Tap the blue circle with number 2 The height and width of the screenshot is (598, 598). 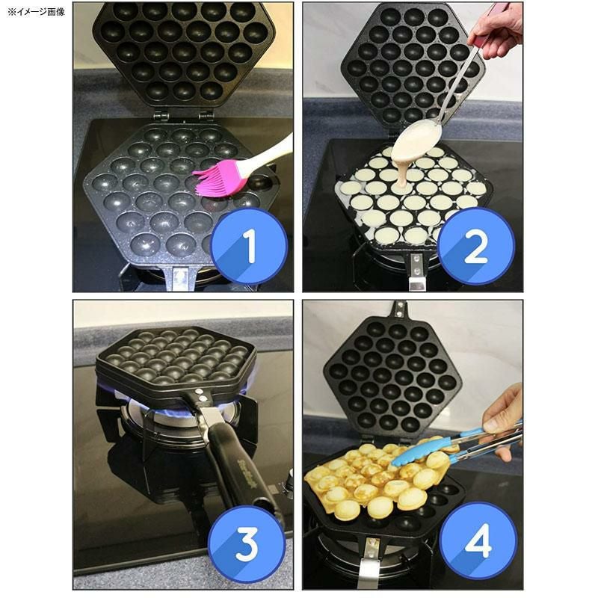point(476,246)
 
